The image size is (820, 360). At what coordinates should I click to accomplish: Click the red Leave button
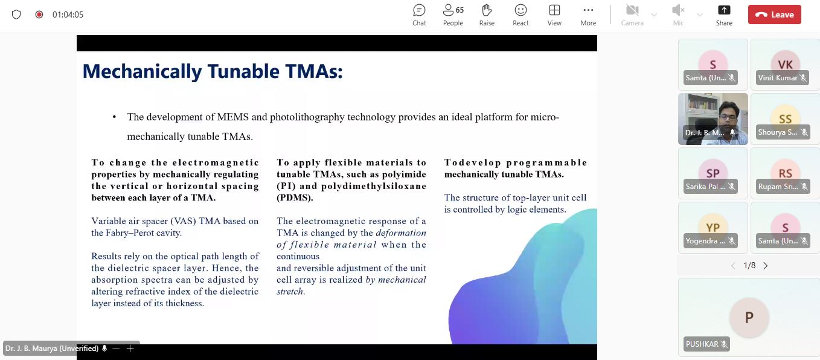[774, 14]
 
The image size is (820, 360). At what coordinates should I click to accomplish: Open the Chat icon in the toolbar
[419, 10]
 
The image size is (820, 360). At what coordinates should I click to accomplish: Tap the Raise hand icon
[487, 10]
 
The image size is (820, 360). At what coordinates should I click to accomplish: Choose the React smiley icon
[521, 10]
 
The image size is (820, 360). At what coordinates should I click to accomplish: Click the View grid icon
[554, 10]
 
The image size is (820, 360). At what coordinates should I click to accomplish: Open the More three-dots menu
[588, 10]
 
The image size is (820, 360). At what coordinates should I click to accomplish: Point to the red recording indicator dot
[39, 14]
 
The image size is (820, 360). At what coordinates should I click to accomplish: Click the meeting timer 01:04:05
[68, 14]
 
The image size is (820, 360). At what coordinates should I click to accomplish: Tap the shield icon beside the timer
[16, 14]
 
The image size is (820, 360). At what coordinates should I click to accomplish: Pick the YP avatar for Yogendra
[713, 228]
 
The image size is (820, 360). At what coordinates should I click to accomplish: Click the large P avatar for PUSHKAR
[749, 317]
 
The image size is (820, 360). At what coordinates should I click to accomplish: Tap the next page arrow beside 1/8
[766, 266]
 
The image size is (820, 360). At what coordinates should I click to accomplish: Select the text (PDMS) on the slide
[295, 198]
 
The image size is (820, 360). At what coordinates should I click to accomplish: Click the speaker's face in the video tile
[728, 117]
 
